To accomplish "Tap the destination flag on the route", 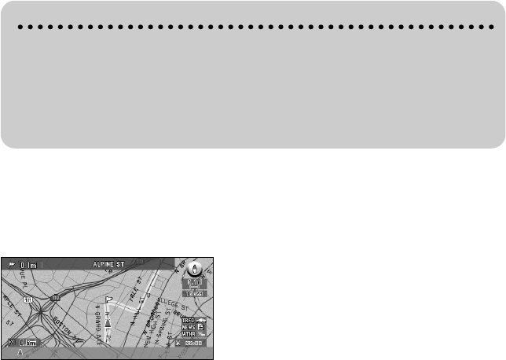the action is pyautogui.click(x=109, y=300).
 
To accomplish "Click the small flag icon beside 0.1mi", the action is pyautogui.click(x=11, y=265).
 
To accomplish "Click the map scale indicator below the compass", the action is pyautogui.click(x=194, y=280).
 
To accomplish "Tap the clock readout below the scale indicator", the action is pyautogui.click(x=194, y=292).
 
